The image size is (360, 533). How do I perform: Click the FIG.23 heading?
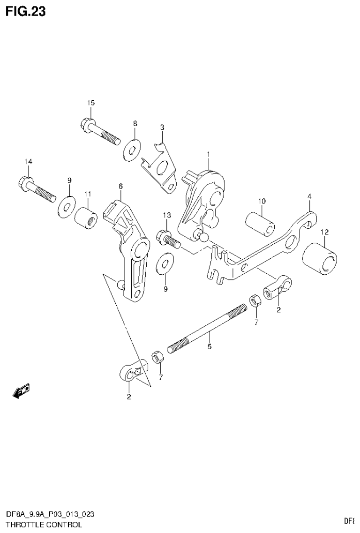[26, 11]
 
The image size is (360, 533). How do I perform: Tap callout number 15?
[90, 103]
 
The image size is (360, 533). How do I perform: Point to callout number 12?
[324, 232]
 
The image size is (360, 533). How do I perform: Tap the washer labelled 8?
[131, 150]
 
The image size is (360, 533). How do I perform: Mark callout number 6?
[120, 187]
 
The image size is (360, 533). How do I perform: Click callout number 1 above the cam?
[209, 154]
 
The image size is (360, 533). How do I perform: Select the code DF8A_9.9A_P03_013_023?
[50, 515]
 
